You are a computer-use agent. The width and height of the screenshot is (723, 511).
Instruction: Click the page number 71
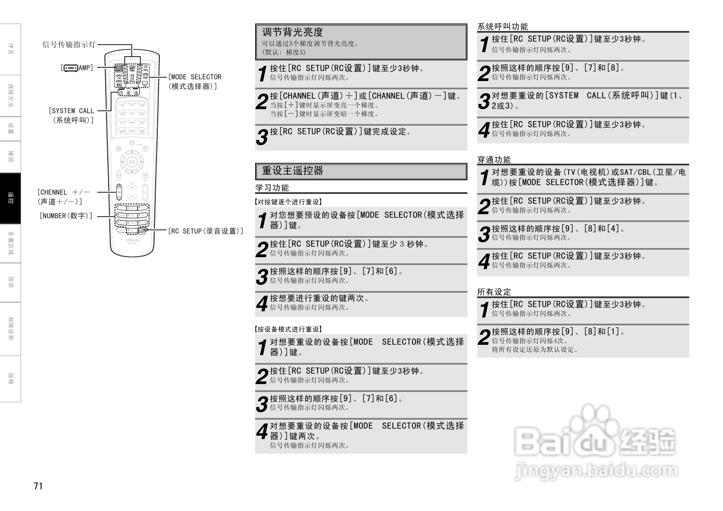pyautogui.click(x=38, y=486)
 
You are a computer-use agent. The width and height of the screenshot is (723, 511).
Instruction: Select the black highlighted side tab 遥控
pyautogui.click(x=10, y=198)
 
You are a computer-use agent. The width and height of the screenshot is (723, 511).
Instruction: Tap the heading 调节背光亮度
pyautogui.click(x=292, y=32)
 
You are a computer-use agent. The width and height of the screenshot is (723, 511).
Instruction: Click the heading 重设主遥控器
pyautogui.click(x=292, y=171)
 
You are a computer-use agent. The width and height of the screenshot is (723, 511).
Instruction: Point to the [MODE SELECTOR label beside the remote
pyautogui.click(x=194, y=77)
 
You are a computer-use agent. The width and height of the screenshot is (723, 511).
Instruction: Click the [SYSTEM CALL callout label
pyautogui.click(x=72, y=111)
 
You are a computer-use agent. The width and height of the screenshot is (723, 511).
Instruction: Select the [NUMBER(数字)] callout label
pyautogui.click(x=66, y=216)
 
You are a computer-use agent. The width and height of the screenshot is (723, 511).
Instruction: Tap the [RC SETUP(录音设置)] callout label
pyautogui.click(x=205, y=231)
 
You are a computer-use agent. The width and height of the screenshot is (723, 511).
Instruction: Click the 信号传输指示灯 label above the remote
pyautogui.click(x=69, y=45)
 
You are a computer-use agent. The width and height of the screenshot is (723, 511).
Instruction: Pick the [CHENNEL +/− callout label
pyautogui.click(x=63, y=192)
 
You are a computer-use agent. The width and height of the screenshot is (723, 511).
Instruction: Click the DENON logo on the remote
pyautogui.click(x=132, y=240)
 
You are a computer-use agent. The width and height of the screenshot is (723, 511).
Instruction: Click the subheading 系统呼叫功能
pyautogui.click(x=503, y=27)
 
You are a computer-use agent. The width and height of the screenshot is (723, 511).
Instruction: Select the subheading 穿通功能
pyautogui.click(x=494, y=160)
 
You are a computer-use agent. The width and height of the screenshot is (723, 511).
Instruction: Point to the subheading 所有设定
pyautogui.click(x=494, y=292)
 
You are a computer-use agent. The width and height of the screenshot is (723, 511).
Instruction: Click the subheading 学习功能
pyautogui.click(x=272, y=188)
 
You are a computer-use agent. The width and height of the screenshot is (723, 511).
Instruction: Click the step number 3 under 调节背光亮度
pyautogui.click(x=262, y=137)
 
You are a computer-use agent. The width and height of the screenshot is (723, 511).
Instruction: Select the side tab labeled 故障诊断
pyautogui.click(x=10, y=329)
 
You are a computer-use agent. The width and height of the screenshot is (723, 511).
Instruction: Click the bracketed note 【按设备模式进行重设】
pyautogui.click(x=288, y=330)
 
